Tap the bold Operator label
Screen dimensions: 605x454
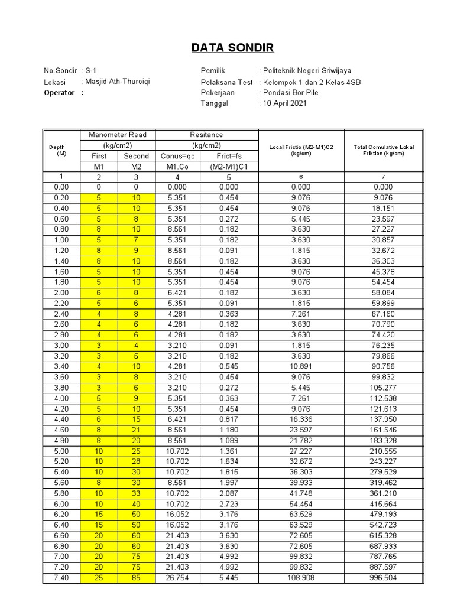[59, 92]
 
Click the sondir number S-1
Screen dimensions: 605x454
[90, 71]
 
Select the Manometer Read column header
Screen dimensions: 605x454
[118, 135]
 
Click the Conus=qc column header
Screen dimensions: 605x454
[177, 156]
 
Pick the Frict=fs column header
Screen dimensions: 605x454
[229, 156]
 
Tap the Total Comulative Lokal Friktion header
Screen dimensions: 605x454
[384, 150]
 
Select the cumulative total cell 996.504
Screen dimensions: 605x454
[384, 578]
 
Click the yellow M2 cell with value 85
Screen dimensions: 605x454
[137, 578]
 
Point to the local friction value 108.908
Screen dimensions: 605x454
[301, 578]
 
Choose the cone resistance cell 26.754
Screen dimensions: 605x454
[177, 578]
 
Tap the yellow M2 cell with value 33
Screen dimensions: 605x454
[137, 493]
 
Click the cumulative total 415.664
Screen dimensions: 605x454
[384, 503]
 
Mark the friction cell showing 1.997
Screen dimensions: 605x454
[229, 482]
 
